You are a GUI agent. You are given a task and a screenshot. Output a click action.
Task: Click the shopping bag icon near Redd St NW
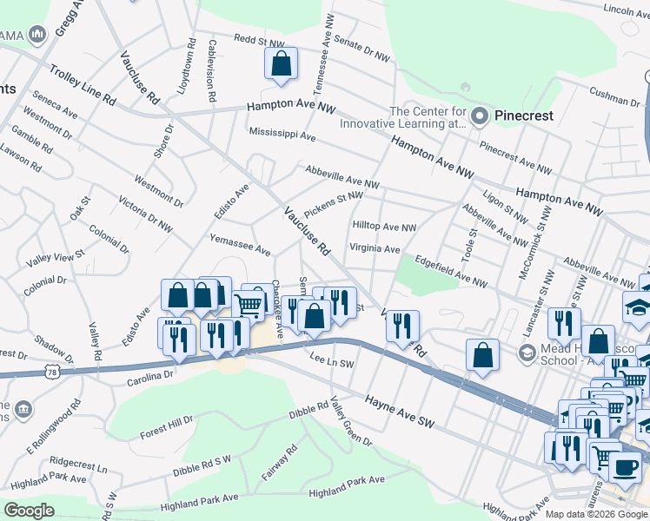[x=281, y=63]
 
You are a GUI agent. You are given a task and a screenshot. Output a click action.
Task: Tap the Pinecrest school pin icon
[x=481, y=115]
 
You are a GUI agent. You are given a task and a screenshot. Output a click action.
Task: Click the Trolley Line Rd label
[x=83, y=85]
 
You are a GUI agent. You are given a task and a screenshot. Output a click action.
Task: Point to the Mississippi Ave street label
[x=282, y=135]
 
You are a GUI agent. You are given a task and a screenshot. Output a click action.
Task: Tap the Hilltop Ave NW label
[x=384, y=227]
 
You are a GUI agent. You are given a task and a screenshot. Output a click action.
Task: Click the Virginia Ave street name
[x=374, y=248]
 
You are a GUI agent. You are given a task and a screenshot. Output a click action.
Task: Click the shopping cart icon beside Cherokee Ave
[x=250, y=304]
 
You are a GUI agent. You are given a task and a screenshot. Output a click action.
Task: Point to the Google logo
[x=29, y=511]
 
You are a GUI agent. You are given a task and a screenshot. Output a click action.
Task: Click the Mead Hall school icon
[x=526, y=353]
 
